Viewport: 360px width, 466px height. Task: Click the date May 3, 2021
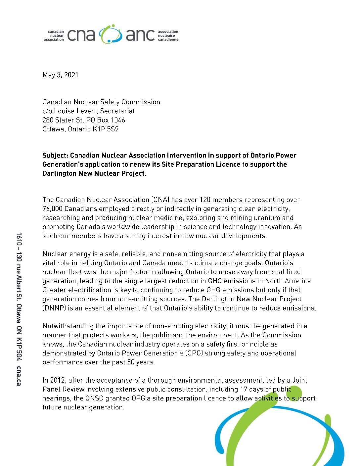click(60, 75)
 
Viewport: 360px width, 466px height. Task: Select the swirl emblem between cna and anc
click(111, 34)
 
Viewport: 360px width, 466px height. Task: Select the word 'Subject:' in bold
click(55, 155)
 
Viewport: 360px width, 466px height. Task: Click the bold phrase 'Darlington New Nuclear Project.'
click(94, 173)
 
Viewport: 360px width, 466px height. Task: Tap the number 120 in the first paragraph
click(205, 200)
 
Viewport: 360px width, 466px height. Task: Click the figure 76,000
click(53, 209)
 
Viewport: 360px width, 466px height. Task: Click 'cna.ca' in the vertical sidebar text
click(19, 376)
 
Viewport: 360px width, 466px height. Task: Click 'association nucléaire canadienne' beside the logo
click(168, 35)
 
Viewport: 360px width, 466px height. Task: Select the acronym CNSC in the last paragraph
click(94, 398)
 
